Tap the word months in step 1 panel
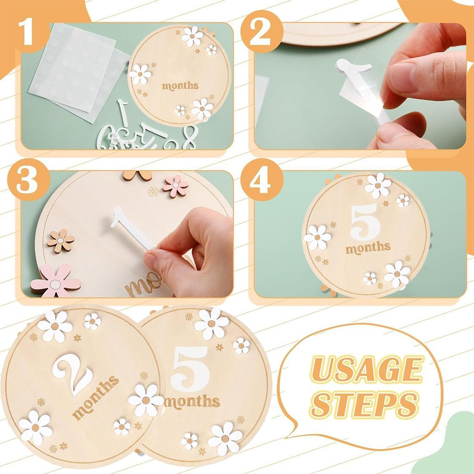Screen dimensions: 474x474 pyautogui.click(x=180, y=85)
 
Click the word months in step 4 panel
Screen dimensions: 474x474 pyautogui.click(x=368, y=248)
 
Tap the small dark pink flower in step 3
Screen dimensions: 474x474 pyautogui.click(x=176, y=186)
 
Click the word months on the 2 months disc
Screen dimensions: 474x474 pyautogui.click(x=96, y=397)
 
